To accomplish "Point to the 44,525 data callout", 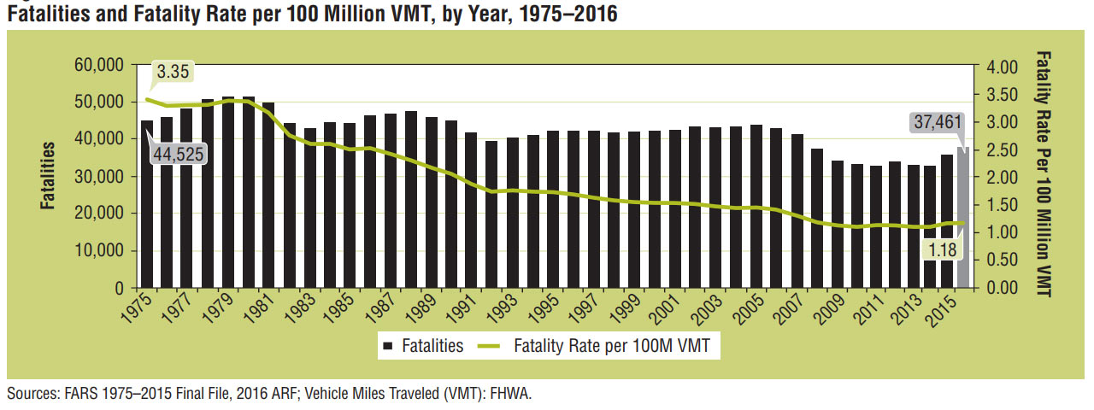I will click(x=179, y=155).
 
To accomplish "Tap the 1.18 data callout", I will click(x=944, y=249).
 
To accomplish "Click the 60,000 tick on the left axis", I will click(x=99, y=65).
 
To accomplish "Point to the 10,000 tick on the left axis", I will click(x=99, y=251).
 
